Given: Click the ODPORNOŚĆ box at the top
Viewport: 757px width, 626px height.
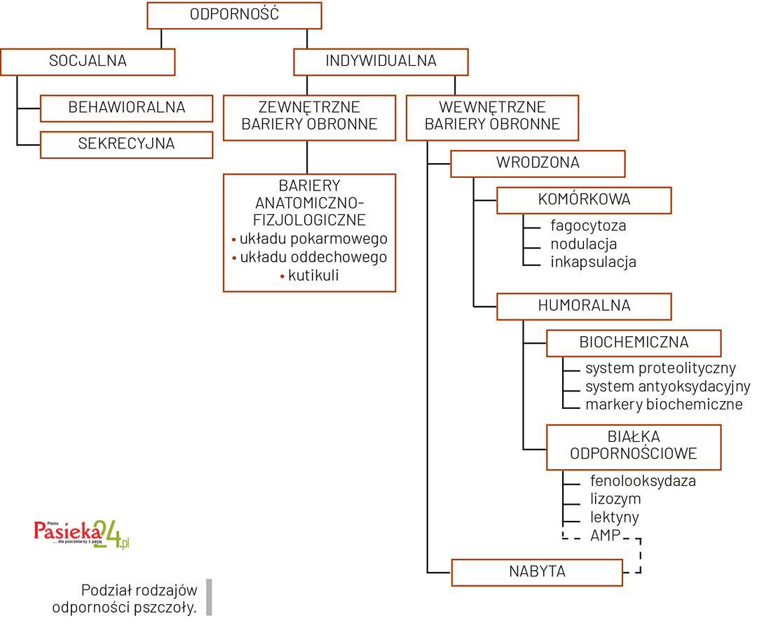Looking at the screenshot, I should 234,15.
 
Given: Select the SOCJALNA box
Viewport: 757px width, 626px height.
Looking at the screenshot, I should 88,62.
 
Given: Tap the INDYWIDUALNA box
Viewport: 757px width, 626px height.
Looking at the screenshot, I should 381,62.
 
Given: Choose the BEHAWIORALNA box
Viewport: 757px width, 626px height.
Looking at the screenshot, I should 127,108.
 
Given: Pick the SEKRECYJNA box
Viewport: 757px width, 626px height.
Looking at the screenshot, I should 127,144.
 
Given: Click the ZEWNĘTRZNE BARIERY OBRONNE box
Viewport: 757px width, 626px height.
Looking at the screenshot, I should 309,116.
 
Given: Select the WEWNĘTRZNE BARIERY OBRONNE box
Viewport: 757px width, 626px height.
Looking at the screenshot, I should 492,116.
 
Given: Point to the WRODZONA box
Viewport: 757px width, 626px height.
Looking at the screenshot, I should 537,163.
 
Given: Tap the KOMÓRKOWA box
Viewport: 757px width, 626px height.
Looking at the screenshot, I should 584,200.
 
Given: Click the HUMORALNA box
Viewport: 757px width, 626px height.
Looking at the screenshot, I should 584,306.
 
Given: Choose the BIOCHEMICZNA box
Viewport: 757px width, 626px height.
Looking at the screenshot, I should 634,343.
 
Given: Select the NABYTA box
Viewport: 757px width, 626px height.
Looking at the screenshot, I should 537,571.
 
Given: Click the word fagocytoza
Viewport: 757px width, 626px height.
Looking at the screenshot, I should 588,226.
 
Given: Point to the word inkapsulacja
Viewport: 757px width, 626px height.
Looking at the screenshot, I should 593,263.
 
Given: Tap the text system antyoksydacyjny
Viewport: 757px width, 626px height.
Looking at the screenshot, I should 667,387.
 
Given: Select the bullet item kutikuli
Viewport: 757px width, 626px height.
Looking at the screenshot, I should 313,275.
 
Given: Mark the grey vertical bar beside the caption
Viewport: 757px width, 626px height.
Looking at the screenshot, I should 209,597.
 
